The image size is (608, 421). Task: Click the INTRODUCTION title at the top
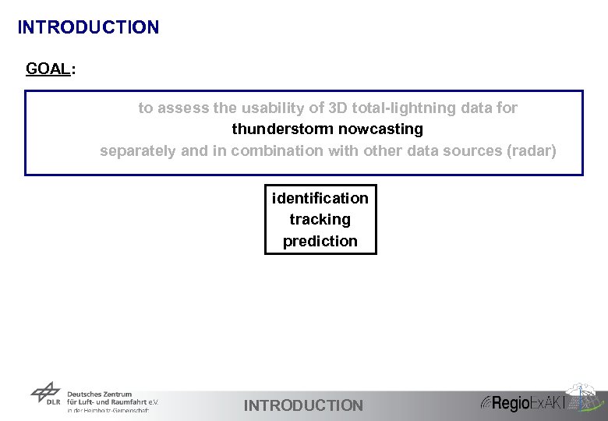point(88,27)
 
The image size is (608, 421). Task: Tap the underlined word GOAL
point(48,69)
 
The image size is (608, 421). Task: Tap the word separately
point(138,150)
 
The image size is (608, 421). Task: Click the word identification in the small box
point(320,198)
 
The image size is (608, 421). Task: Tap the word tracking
point(320,220)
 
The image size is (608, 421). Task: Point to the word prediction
point(320,241)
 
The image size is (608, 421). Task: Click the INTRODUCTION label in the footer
point(303,405)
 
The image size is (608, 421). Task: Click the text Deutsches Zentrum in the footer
point(100,394)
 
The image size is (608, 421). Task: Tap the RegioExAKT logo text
point(526,403)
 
